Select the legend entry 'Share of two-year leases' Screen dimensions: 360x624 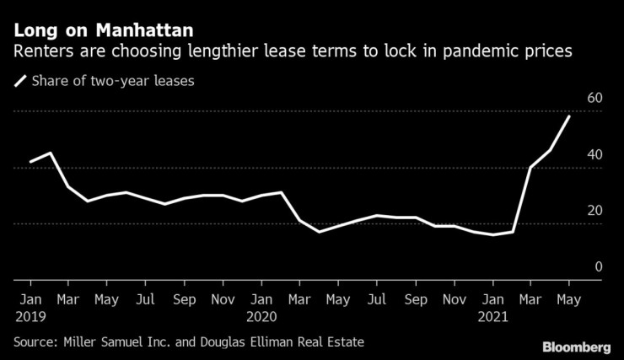(x=105, y=82)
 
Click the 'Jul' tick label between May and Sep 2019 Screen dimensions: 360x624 (x=146, y=298)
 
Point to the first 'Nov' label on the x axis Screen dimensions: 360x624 (x=223, y=298)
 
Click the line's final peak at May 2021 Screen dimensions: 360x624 (x=569, y=116)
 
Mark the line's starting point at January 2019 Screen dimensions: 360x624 (x=30, y=161)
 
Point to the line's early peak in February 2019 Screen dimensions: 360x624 (x=50, y=153)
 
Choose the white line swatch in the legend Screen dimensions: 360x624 (x=19, y=82)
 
